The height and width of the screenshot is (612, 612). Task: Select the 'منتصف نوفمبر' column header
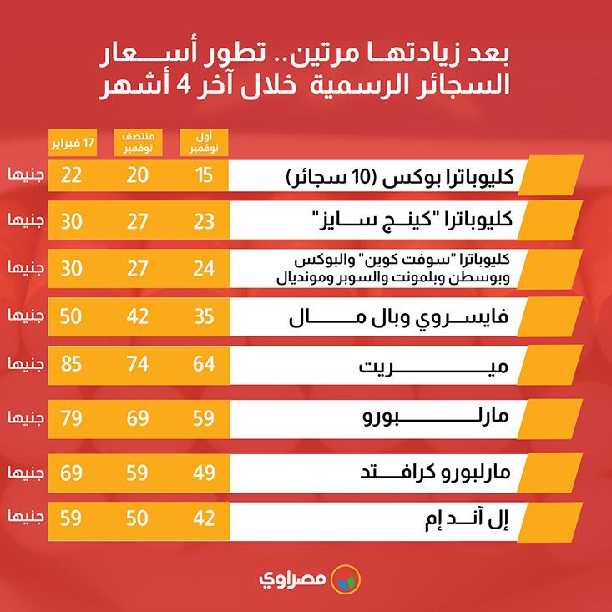click(x=138, y=141)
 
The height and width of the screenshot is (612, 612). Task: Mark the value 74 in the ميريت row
click(x=138, y=365)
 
